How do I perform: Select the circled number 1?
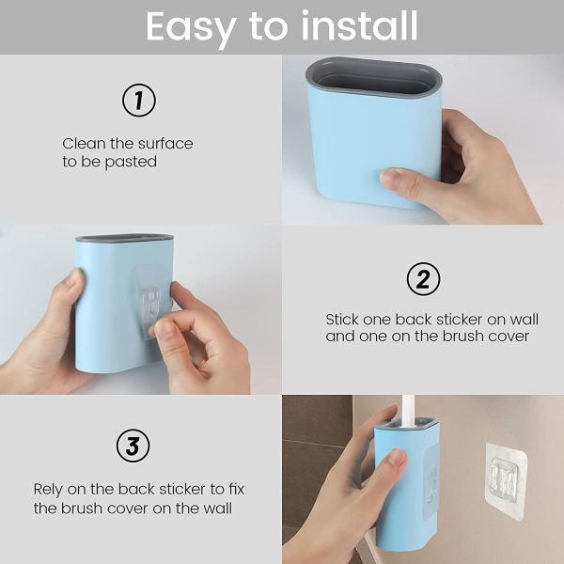pos(139,101)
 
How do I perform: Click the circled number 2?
pos(423,279)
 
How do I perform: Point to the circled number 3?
pos(133,446)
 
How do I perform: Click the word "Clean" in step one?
pos(84,144)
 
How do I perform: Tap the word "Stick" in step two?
pos(343,320)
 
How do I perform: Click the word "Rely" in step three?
pos(50,490)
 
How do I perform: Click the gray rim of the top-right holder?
pos(374,69)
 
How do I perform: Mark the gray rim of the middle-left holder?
pos(124,239)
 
